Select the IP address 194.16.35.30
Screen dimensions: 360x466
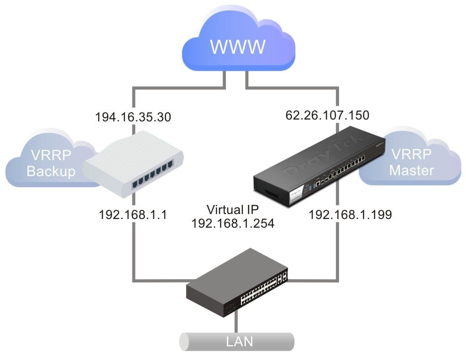point(133,117)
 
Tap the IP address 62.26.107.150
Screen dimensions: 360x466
point(327,115)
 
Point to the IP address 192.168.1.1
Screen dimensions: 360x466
point(132,214)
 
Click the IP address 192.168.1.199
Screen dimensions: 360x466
point(350,214)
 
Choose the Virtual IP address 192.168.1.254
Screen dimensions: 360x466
point(233,223)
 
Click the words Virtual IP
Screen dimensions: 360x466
point(233,210)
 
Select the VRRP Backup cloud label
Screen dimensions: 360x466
point(50,163)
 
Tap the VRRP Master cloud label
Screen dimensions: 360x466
point(412,162)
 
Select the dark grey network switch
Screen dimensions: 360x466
point(237,283)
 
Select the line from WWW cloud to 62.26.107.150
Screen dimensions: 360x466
point(338,96)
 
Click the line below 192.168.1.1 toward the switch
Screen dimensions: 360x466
point(133,251)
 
